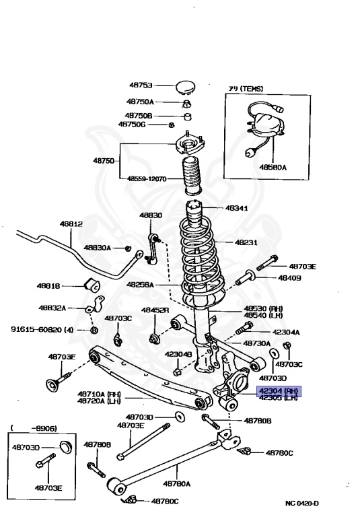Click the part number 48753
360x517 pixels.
click(141, 85)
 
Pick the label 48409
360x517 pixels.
click(290, 277)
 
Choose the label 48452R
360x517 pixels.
click(155, 310)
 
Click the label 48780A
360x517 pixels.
click(176, 483)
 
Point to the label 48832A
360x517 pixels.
click(51, 308)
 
